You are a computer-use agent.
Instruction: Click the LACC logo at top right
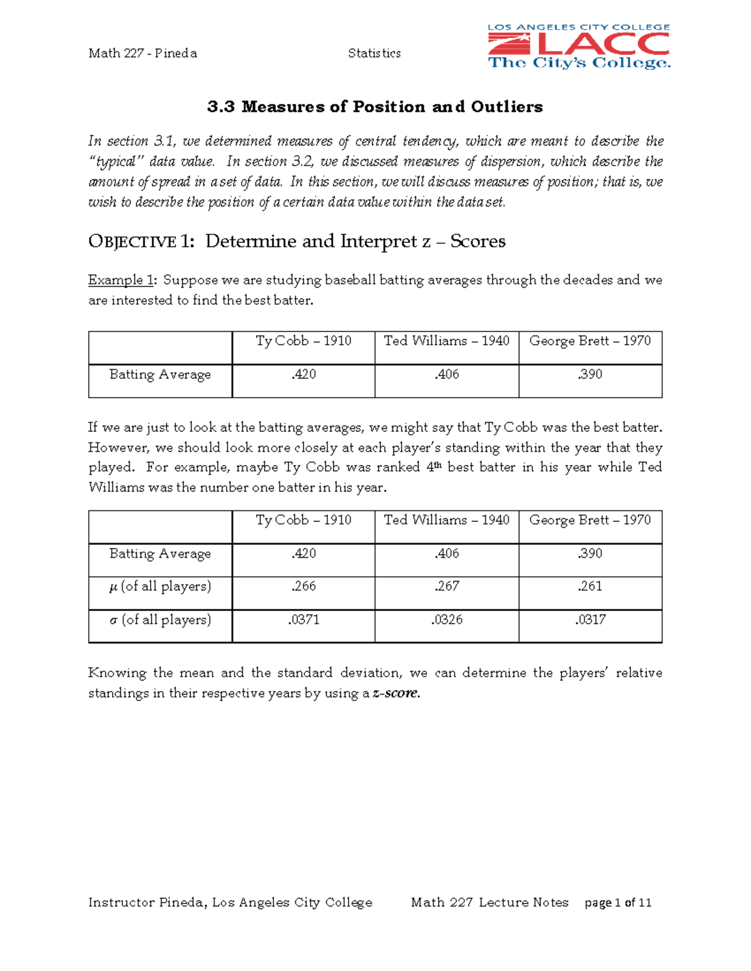(x=578, y=46)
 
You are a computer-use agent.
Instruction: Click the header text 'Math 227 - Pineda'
(x=143, y=53)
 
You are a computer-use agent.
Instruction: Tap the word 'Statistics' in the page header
(x=374, y=53)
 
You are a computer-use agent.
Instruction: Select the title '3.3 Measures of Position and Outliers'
(x=375, y=107)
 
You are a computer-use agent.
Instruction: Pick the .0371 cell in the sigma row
(x=304, y=620)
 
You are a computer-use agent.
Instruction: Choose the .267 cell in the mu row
(x=447, y=586)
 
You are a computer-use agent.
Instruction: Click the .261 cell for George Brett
(x=590, y=586)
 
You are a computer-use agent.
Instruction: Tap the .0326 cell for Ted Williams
(x=447, y=620)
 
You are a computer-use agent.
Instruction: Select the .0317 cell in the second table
(x=590, y=620)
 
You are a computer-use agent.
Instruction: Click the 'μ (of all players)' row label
(x=160, y=586)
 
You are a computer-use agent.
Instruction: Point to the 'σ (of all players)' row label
(x=160, y=620)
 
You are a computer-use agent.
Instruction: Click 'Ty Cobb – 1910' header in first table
(x=304, y=341)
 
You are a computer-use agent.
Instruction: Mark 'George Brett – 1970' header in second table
(x=590, y=520)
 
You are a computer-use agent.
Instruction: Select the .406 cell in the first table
(x=447, y=375)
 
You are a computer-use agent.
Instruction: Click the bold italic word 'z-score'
(x=396, y=693)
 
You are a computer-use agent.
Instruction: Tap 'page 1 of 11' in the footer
(x=618, y=903)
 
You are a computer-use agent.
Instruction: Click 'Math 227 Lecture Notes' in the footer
(x=489, y=903)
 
